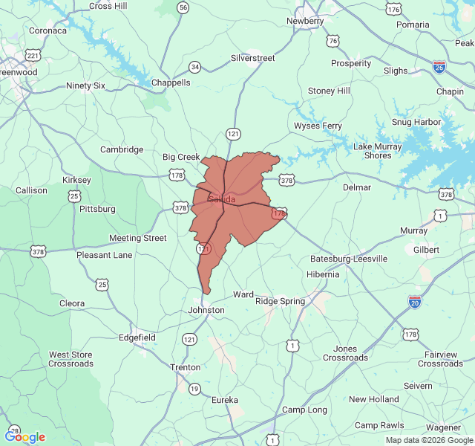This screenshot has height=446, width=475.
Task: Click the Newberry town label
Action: (305, 21)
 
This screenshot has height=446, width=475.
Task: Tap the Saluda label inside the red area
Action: (221, 199)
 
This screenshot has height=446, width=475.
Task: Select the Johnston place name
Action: (206, 310)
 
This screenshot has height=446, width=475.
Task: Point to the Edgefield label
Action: (137, 337)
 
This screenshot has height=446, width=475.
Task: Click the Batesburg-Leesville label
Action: (349, 259)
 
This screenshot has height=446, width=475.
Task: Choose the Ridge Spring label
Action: (280, 301)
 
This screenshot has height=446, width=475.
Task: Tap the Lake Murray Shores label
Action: (377, 151)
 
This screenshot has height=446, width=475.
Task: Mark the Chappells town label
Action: (171, 83)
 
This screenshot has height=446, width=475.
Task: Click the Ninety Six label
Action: (86, 85)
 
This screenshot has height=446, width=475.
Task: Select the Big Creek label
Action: (181, 157)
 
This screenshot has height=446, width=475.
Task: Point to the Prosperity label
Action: (351, 63)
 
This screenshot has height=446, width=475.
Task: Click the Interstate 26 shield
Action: (439, 67)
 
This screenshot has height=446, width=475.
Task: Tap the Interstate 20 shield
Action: (415, 301)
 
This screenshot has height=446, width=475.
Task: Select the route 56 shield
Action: (183, 7)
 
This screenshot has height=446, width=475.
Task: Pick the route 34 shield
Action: (195, 67)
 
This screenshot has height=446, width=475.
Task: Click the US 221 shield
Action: (33, 56)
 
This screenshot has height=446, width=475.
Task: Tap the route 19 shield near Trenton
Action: (194, 389)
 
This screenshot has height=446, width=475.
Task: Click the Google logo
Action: (24, 437)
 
